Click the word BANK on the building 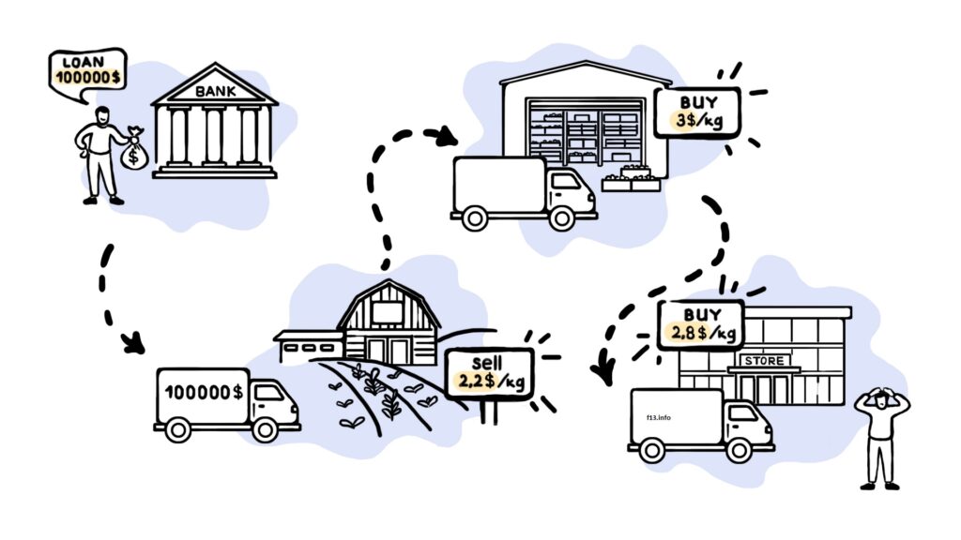click(215, 92)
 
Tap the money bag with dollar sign click(133, 152)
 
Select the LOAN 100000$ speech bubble click(87, 71)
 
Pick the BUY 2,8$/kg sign click(703, 324)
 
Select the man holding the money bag click(99, 153)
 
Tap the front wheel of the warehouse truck click(561, 218)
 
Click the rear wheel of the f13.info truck click(651, 451)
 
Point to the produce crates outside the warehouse click(631, 179)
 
